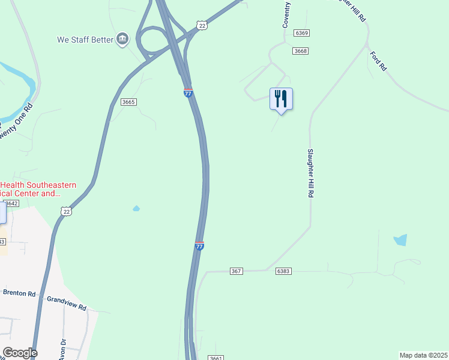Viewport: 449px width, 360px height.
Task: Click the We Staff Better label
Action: tap(85, 40)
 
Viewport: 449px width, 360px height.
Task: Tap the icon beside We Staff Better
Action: tap(122, 39)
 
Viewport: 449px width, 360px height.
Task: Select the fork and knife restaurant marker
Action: tap(281, 99)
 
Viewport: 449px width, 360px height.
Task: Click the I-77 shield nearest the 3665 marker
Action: tap(188, 92)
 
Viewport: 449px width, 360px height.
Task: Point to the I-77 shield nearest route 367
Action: tap(199, 245)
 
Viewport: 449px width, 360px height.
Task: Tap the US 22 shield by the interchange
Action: tap(202, 25)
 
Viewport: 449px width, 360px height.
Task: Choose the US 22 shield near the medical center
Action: tap(66, 211)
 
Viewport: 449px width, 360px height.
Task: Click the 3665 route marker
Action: tap(128, 102)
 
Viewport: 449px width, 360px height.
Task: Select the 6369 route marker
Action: tap(302, 33)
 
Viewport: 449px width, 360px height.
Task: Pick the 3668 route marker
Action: tap(301, 51)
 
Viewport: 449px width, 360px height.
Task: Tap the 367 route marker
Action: tap(236, 271)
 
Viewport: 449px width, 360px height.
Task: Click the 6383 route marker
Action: tap(284, 271)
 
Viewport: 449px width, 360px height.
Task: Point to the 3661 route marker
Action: tap(217, 358)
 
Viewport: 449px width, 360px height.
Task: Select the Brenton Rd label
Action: tap(19, 294)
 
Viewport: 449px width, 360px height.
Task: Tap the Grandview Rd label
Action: tap(67, 303)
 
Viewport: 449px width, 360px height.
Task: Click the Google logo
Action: tap(20, 353)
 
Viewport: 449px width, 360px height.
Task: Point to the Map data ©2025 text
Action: tap(424, 355)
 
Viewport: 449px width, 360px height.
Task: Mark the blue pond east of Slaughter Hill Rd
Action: tap(400, 240)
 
